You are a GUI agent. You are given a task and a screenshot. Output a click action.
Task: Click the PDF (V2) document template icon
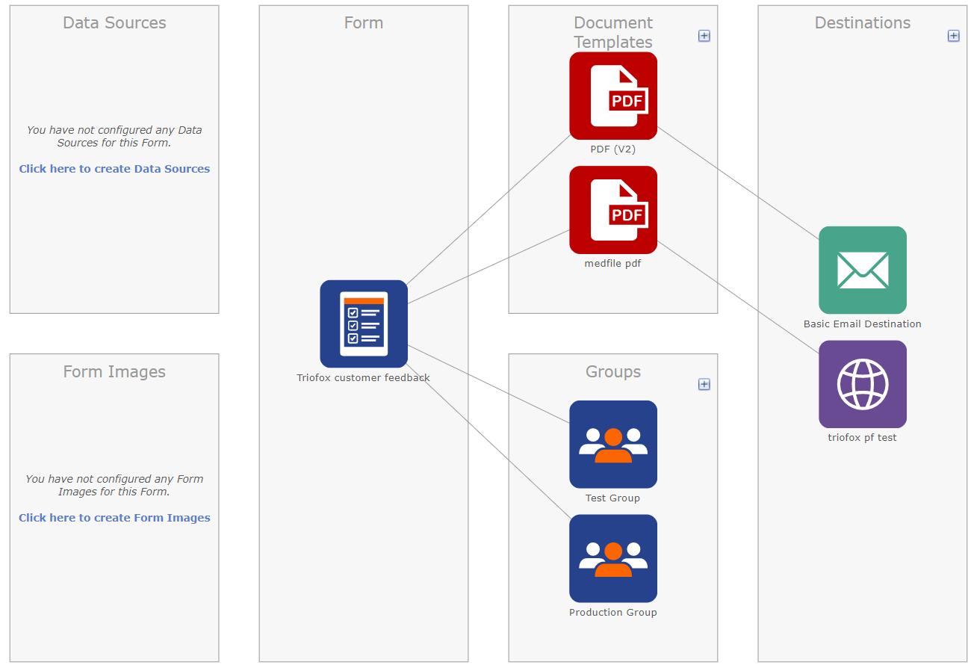coord(613,96)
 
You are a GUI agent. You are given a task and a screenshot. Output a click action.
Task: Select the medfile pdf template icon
coord(613,210)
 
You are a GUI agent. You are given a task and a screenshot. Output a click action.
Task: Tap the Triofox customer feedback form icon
coord(364,324)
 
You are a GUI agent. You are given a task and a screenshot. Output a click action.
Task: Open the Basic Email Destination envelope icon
coord(863,270)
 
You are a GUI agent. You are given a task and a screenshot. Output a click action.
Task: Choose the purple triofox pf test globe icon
coord(863,384)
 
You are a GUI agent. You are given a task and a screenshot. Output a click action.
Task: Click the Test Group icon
coord(613,444)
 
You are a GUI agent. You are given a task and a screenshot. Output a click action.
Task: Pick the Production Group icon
coord(613,558)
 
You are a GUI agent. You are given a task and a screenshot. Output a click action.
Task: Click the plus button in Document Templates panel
coord(704,36)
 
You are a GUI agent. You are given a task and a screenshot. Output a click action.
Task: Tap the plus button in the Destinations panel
coord(953,36)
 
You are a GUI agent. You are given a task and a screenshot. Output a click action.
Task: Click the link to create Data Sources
coord(114,169)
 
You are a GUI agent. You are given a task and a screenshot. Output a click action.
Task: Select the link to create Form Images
coord(114,518)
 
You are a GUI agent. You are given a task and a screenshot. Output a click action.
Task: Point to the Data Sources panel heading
coord(114,22)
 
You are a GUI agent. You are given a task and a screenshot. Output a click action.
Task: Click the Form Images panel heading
coord(114,372)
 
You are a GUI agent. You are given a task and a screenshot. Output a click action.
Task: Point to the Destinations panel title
coord(863,22)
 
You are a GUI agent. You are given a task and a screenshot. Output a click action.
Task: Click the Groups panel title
coord(613,372)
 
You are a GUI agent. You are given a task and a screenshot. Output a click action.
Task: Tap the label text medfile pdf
coord(612,263)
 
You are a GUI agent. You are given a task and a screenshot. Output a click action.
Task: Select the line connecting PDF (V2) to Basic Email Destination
coord(738,183)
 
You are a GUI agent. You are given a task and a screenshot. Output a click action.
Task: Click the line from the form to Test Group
coord(488,384)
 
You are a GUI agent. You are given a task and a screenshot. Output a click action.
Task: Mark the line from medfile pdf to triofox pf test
coord(738,297)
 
